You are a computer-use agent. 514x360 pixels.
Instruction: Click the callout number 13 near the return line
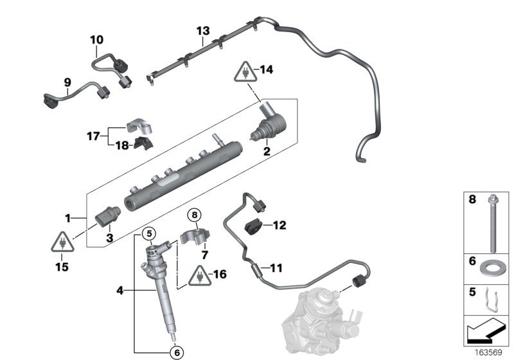coord(203,31)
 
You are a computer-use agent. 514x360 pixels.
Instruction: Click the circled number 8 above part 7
coord(195,214)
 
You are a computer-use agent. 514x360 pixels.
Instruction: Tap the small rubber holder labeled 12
coord(255,227)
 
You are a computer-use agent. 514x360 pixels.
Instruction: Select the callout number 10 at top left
coord(96,40)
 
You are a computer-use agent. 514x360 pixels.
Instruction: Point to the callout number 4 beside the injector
coord(119,290)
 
